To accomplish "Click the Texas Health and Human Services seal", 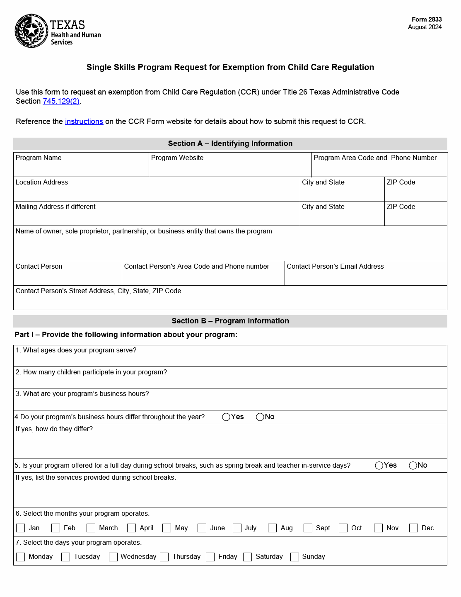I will pos(31,31).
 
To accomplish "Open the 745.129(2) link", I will pos(61,101).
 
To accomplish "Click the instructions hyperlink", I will pos(84,121).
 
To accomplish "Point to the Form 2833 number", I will pos(427,19).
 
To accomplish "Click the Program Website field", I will pos(230,168).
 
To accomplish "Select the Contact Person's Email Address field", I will pos(366,277).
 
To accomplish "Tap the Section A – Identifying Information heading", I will pos(230,143).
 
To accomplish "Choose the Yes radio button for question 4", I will pos(226,417).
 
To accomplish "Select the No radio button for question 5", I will pos(413,466).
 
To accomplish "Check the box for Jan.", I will pos(20,528).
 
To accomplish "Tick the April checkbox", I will pos(131,528).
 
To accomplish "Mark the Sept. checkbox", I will pos(308,528).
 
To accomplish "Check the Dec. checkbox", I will pos(413,528).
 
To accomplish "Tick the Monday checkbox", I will pos(20,557).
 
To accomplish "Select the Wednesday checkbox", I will pos(113,557).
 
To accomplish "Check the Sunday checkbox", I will pos(294,557).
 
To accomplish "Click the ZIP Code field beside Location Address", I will pos(415,192).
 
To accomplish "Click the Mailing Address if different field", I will pos(157,216).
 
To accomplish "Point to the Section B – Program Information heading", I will pos(230,321).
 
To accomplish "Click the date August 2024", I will pos(425,27).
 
